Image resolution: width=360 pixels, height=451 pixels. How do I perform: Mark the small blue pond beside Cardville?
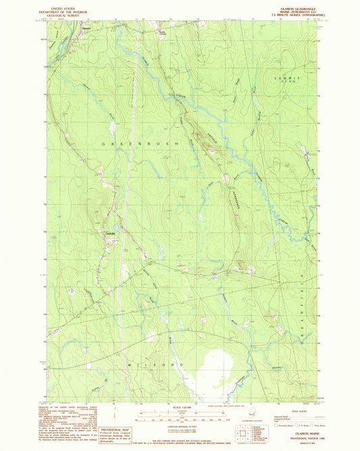[115, 228]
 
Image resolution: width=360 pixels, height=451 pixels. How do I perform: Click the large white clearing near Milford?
[214, 370]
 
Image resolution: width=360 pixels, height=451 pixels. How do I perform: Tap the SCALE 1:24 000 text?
[164, 408]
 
